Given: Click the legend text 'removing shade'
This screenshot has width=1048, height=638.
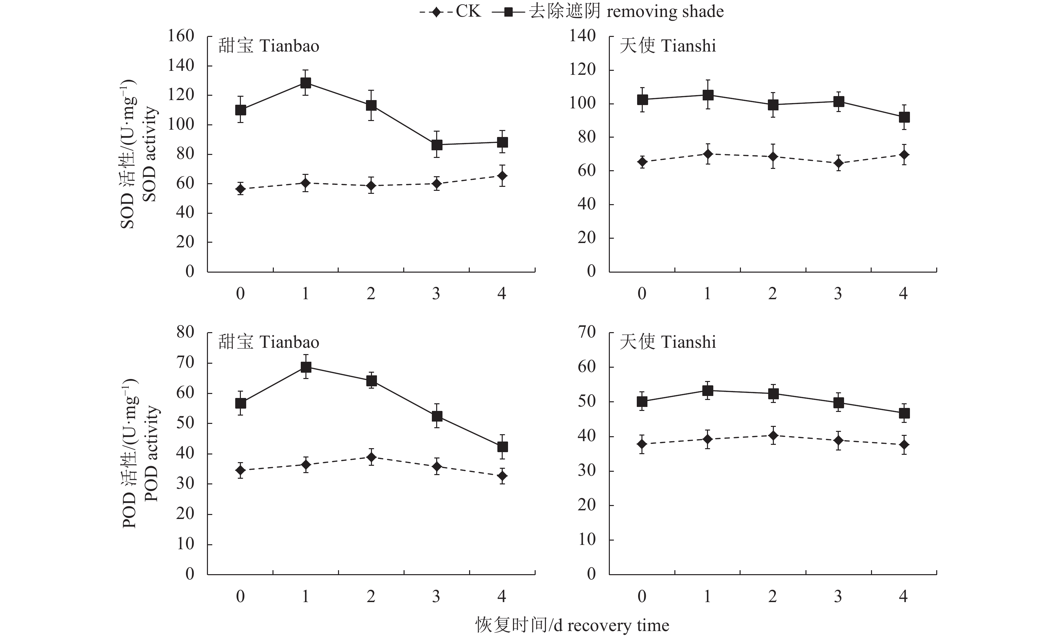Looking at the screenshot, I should coord(665,12).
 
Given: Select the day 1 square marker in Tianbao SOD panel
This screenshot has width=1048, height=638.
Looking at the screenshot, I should coord(305,82).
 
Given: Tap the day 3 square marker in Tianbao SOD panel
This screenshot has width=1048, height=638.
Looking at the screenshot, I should coord(437,145).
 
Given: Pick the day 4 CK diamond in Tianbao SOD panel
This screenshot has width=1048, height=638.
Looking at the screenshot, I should coord(502,176).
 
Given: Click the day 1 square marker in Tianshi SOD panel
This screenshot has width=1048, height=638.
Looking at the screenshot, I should coord(708,95).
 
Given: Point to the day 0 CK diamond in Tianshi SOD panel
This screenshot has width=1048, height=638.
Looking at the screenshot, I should coord(642,162).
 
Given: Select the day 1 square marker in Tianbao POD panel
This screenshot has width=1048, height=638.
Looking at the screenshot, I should coord(306,367).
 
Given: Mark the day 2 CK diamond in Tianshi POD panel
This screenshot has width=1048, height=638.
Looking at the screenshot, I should coord(773,436).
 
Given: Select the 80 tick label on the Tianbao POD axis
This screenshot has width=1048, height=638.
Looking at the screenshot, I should coord(185,332).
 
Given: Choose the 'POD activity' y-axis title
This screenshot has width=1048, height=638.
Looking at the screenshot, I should coord(151,453).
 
